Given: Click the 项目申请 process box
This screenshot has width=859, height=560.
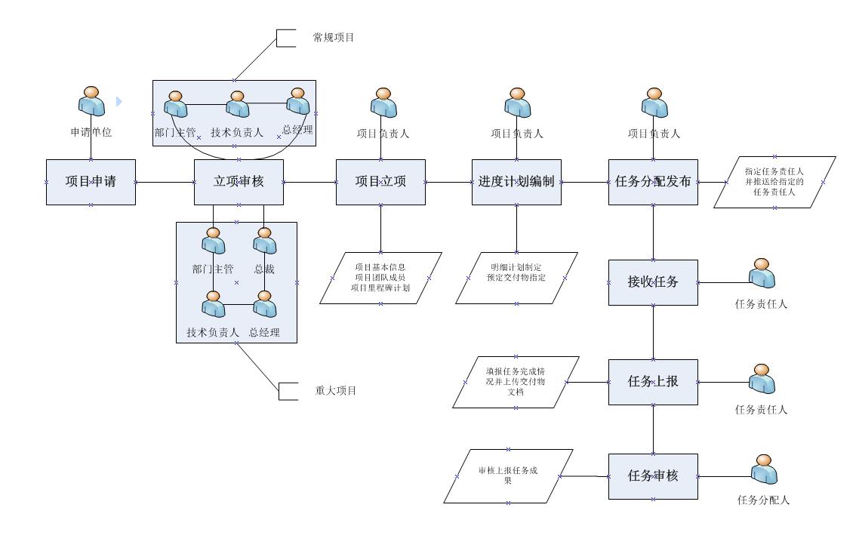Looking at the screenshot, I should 91,182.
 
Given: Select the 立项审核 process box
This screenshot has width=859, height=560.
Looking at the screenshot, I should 239,182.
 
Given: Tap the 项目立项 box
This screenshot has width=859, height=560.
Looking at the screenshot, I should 380,182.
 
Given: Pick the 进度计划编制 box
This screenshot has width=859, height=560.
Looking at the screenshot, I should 516,182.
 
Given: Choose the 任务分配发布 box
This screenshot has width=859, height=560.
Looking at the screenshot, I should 653,182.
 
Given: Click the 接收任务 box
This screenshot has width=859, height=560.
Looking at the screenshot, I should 653,282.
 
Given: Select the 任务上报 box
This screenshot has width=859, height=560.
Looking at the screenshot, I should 653,382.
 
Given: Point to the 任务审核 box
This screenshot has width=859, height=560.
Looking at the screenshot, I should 653,476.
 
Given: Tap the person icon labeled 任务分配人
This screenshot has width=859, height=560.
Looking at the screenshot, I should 764,469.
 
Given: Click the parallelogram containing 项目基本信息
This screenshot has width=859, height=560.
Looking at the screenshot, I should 380,278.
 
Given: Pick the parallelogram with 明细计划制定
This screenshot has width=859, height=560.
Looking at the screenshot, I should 516,278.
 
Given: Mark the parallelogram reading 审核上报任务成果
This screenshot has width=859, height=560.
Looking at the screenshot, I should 508,476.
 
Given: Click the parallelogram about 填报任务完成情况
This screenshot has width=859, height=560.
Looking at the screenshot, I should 516,382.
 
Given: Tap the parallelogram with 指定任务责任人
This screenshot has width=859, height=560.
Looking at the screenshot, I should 774,182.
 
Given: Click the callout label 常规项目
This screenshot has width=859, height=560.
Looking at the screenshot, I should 333,37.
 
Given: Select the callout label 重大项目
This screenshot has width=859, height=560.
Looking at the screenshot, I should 335,391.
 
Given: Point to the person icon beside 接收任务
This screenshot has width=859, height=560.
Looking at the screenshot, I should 762,273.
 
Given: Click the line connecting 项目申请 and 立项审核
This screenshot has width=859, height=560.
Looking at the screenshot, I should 165,182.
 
